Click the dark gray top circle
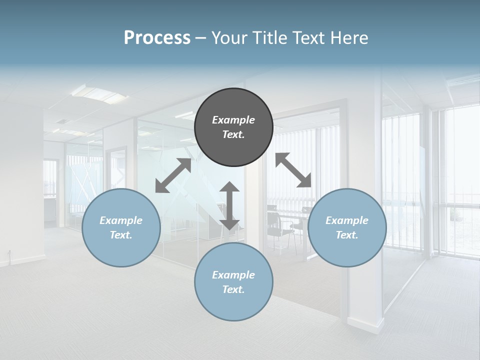click(233, 127)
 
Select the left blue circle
click(121, 227)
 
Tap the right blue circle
click(347, 227)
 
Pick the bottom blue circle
click(233, 282)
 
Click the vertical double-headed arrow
click(229, 205)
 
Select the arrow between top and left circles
click(173, 175)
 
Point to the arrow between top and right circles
click(293, 170)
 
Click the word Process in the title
click(157, 38)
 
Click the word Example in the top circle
click(233, 120)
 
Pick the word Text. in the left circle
click(121, 235)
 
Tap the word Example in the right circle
click(347, 220)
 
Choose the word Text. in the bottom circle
click(233, 289)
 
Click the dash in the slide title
click(201, 38)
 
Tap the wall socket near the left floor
click(9, 252)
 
